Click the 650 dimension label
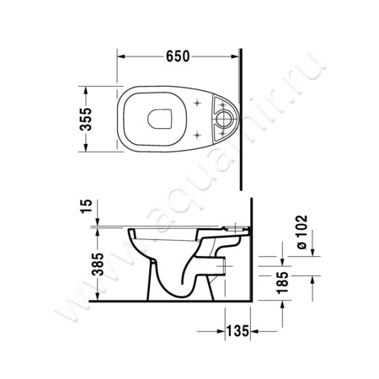pos(174,56)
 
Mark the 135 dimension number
pos(240,334)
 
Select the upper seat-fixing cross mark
pos(197,104)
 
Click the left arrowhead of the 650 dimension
pos(120,56)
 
